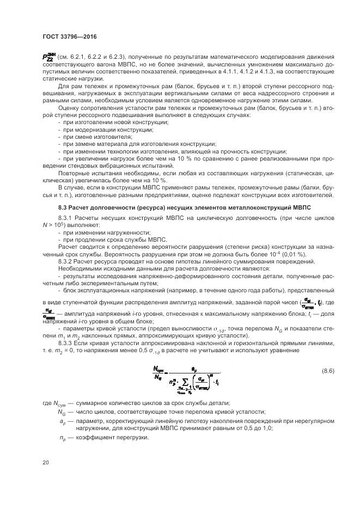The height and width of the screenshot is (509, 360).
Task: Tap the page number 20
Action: coord(45,463)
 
